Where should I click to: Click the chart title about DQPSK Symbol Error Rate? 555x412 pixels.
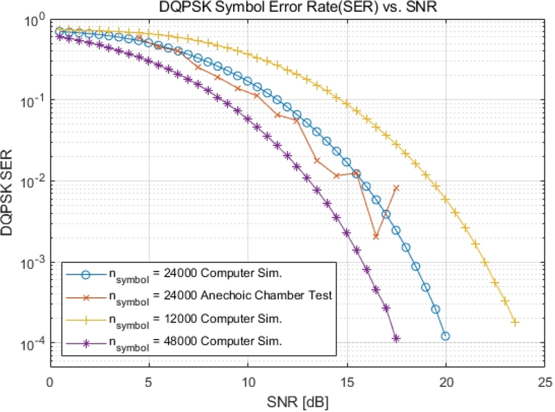click(x=297, y=7)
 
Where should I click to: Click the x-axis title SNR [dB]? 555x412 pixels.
click(x=297, y=402)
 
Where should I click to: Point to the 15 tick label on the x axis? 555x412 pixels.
click(x=347, y=382)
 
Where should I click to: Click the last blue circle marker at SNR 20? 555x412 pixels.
click(x=445, y=336)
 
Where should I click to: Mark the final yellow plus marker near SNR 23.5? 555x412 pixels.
click(x=515, y=322)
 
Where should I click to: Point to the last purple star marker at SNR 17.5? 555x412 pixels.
click(x=396, y=338)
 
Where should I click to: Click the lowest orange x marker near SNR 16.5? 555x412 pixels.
click(x=376, y=237)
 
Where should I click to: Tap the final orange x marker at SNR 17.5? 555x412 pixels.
click(x=396, y=188)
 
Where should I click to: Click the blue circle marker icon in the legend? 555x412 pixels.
click(x=84, y=272)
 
